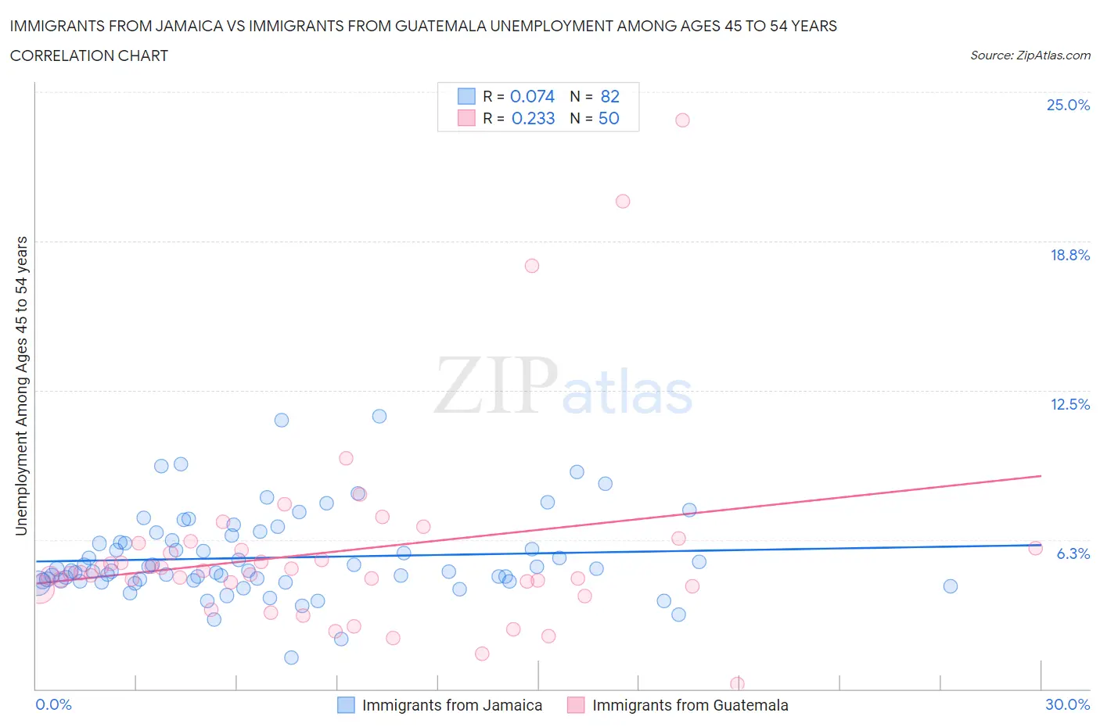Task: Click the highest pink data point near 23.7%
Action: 682,120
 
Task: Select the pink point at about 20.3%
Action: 623,201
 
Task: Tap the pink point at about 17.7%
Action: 532,266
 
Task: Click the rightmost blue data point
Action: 951,586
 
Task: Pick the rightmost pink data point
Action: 1035,548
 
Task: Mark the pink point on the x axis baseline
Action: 737,684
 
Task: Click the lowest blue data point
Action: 291,657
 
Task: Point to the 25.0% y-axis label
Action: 1068,105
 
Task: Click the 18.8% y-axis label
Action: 1069,255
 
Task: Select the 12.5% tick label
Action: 1069,404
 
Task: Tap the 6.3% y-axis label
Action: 1073,553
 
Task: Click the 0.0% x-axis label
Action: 53,704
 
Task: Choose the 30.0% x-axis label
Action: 1067,704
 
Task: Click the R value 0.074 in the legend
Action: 532,96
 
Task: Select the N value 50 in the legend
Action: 609,118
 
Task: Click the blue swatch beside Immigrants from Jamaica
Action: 346,705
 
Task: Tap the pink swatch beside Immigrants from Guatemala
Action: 576,705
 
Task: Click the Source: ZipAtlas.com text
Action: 1030,55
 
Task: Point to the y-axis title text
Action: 21,386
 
